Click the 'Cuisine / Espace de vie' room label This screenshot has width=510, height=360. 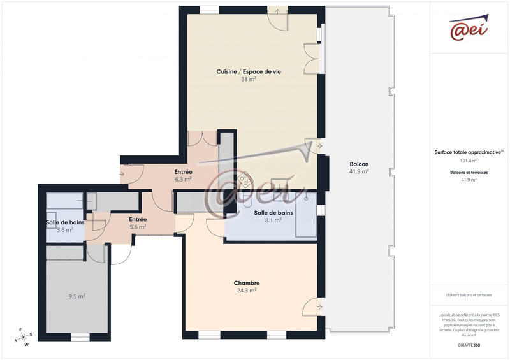pyautogui.click(x=249, y=72)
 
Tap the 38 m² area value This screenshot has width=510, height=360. pyautogui.click(x=249, y=80)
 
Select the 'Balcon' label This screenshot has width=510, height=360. pyautogui.click(x=359, y=164)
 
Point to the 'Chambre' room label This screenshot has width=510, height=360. pyautogui.click(x=246, y=283)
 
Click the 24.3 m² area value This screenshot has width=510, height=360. pyautogui.click(x=246, y=291)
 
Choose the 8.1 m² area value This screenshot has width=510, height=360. pyautogui.click(x=273, y=220)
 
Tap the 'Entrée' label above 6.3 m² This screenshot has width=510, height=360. pyautogui.click(x=184, y=172)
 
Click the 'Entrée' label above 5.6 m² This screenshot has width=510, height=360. pyautogui.click(x=138, y=219)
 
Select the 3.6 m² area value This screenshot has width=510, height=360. pyautogui.click(x=64, y=230)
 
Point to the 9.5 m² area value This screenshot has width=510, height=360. pyautogui.click(x=76, y=296)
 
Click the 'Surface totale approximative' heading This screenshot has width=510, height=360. pyautogui.click(x=469, y=152)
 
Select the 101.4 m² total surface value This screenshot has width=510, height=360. pyautogui.click(x=469, y=161)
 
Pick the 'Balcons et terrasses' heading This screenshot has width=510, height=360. pyautogui.click(x=469, y=173)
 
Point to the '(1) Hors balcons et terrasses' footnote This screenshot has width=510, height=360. pyautogui.click(x=469, y=295)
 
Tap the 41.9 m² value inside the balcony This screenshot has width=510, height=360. pyautogui.click(x=359, y=172)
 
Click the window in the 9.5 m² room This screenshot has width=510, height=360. pyautogui.click(x=80, y=337)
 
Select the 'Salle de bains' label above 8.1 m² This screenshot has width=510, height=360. pyautogui.click(x=273, y=213)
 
